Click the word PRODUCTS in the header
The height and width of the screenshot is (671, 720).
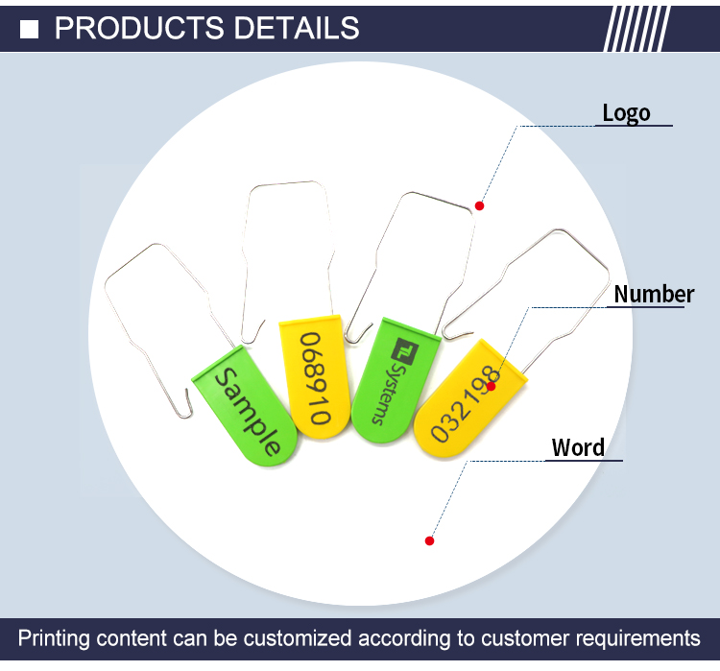click(139, 28)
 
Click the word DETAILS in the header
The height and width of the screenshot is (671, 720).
click(297, 28)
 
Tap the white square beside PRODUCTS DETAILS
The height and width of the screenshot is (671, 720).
click(30, 30)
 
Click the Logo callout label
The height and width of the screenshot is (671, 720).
click(626, 113)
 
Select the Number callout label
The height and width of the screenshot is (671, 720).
click(654, 294)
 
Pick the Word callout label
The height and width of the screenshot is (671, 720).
click(578, 447)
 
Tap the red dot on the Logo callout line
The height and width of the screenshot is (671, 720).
click(479, 205)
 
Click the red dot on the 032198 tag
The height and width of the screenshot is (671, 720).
click(491, 386)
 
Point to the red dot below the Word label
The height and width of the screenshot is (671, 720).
click(429, 541)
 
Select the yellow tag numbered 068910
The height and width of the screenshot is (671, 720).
click(315, 376)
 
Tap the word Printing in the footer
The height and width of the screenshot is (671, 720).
click(54, 639)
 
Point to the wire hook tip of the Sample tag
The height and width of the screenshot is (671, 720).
click(187, 391)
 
